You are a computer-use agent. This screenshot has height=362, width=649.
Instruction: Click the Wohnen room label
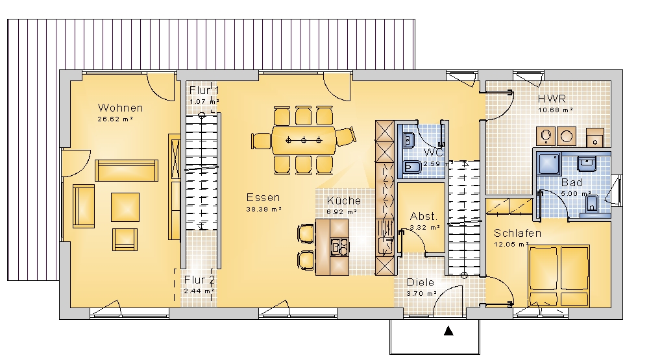click(x=121, y=108)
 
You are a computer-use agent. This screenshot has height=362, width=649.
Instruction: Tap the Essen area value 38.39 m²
click(x=264, y=210)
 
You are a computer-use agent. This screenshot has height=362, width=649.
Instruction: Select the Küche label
click(x=343, y=200)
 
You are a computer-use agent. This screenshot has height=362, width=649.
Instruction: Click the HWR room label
click(x=552, y=99)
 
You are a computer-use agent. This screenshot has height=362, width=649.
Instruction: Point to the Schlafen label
click(x=517, y=234)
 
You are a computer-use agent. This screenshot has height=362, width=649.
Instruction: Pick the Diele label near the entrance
click(x=421, y=283)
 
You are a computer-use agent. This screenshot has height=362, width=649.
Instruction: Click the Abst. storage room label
click(x=423, y=217)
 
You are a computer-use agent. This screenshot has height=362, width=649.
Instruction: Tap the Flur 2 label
click(x=199, y=280)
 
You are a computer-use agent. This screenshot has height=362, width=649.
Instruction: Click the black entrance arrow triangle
click(x=448, y=331)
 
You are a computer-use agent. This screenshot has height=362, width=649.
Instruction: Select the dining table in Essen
click(x=304, y=141)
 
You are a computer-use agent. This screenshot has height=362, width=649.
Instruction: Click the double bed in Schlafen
click(x=559, y=276)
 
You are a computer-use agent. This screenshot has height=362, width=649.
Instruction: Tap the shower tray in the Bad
click(x=548, y=163)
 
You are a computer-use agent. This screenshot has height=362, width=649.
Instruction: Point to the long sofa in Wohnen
click(x=127, y=171)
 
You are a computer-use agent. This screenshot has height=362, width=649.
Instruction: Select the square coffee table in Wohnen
click(x=125, y=207)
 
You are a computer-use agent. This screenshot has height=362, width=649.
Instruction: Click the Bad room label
click(x=572, y=182)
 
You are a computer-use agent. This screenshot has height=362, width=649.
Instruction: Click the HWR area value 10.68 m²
click(x=556, y=110)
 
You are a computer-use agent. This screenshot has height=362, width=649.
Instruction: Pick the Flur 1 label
click(x=204, y=91)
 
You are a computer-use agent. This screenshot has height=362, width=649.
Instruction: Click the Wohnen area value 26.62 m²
click(x=115, y=119)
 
